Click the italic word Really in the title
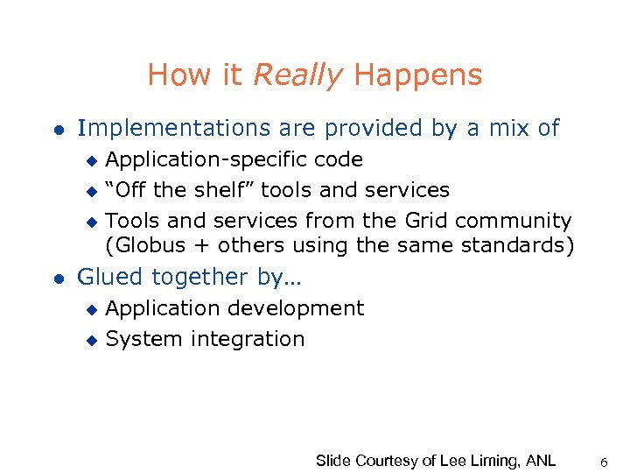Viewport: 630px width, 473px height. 297,75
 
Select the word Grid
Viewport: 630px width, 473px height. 425,221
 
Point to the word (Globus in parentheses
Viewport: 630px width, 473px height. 145,245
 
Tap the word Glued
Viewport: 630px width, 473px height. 111,277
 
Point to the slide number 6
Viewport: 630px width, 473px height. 605,460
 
